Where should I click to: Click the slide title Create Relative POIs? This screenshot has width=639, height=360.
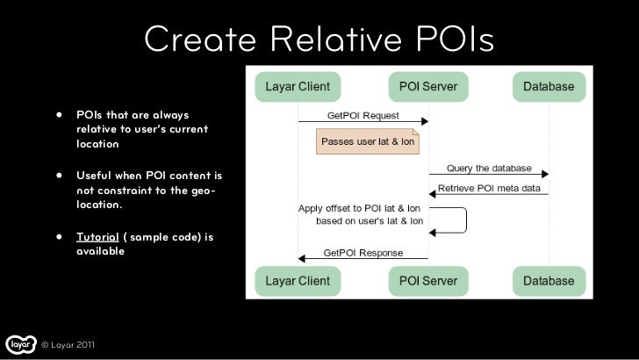319,39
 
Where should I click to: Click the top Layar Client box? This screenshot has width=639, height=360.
298,87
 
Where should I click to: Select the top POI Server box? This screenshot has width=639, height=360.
427,87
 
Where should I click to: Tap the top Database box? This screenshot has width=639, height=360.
549,87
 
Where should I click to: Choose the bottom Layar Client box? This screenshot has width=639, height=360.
298,281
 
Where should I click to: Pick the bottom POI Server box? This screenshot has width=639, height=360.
427,281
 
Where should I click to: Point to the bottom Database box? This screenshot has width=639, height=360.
549,281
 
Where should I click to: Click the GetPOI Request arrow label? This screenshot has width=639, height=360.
363,115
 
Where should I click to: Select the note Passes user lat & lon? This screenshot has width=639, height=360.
368,140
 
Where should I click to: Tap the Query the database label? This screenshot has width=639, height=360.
489,168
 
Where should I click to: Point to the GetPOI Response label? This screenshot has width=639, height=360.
363,253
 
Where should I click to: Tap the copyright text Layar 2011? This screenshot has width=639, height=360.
68,344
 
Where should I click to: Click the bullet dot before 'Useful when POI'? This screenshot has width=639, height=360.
61,175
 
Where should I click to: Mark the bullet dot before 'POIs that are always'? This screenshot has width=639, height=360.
61,115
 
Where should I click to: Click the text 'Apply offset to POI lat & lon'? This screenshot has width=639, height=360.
361,208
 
